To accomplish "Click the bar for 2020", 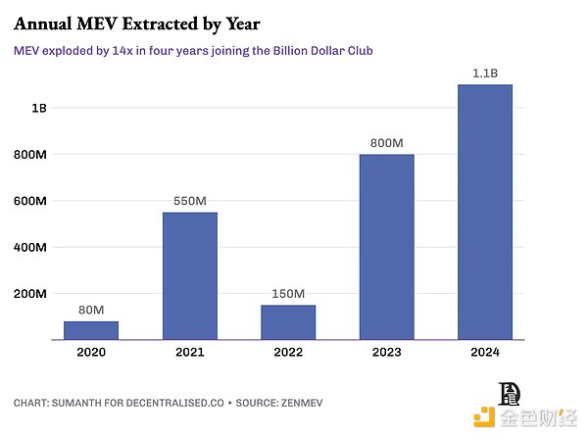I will pos(90,330).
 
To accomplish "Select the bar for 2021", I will pos(189,276).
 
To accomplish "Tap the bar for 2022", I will pos(288,322).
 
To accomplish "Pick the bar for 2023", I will pos(386,247).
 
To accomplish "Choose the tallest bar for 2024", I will pos(484,213).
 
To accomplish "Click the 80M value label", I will pos(90,311).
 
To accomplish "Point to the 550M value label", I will pos(189,201).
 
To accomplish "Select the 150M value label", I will pos(288,294).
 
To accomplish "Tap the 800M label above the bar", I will pos(386,143).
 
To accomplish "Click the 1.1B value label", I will pos(484,73).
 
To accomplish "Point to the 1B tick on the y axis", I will pos(38,108).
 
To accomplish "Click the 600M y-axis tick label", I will pos(29,201).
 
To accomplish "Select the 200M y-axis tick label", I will pos(29,294).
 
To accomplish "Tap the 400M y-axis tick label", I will pos(29,247).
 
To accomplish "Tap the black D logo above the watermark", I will pos(512,392).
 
